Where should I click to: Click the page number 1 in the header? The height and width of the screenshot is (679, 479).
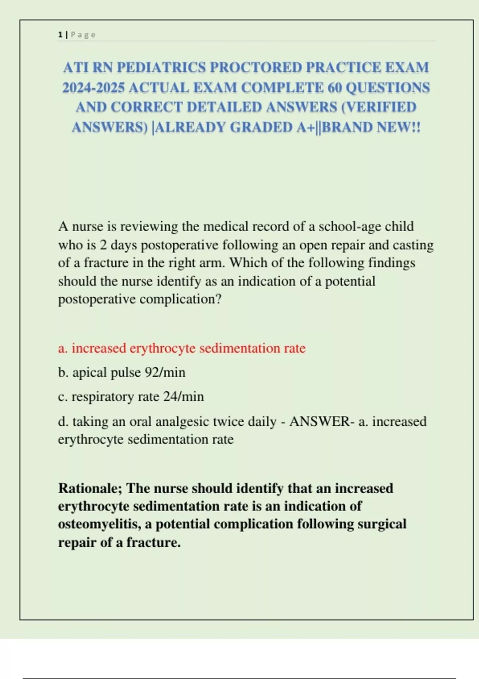(x=60, y=35)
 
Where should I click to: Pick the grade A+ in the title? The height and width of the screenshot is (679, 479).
(x=305, y=127)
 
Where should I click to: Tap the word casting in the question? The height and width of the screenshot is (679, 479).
(x=413, y=245)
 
